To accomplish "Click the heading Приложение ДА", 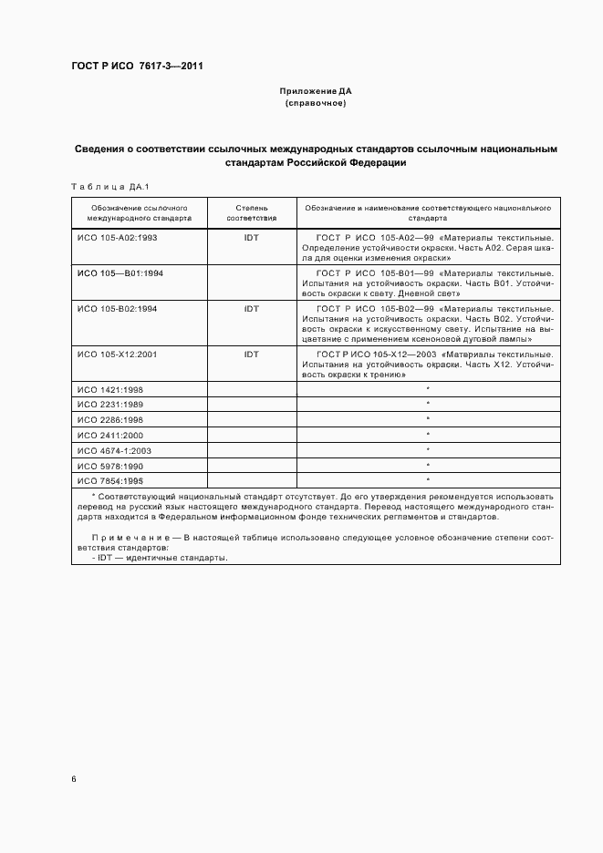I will click(315, 91).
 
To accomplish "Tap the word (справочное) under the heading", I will click(315, 103).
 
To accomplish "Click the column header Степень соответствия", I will click(251, 213).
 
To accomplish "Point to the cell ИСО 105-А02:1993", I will click(118, 236).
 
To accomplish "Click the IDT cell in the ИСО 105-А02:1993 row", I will click(252, 236).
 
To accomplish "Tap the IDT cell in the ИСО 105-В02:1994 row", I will click(252, 309).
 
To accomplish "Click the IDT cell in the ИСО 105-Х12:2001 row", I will click(252, 354).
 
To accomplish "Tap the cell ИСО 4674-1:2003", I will click(114, 450).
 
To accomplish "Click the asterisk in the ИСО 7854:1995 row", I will click(428, 480).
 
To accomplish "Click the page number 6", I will click(74, 779).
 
